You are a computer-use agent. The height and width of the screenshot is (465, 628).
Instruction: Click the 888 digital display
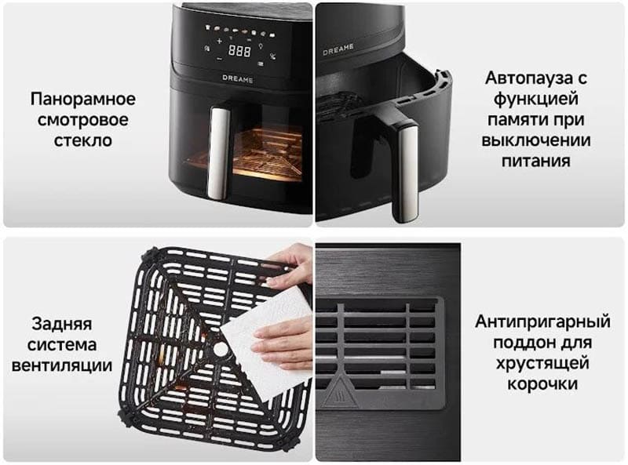click(239, 51)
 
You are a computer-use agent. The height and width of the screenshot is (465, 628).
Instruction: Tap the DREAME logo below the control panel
click(238, 79)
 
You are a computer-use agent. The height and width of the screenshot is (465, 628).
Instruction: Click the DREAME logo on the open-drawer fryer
click(338, 49)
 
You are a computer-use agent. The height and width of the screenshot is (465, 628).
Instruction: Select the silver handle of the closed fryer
click(218, 153)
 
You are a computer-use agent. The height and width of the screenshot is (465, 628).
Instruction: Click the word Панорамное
click(83, 99)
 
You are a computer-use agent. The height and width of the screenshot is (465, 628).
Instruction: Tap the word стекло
click(83, 140)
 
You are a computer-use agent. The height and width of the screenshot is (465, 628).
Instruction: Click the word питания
click(536, 161)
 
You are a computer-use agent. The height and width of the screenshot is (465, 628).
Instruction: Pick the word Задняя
click(62, 324)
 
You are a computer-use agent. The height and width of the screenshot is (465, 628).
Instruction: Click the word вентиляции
click(62, 365)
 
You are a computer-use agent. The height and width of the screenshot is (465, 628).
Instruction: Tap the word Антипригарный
click(542, 322)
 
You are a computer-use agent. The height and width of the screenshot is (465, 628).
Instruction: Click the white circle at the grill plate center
click(221, 349)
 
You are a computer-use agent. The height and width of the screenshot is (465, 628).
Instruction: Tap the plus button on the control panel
click(219, 41)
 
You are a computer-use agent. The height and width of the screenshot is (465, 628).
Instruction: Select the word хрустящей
click(542, 363)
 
